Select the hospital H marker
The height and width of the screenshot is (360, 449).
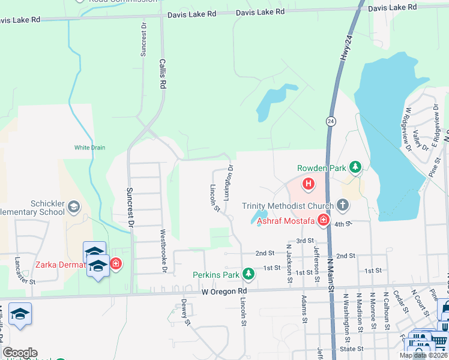coord(309,184)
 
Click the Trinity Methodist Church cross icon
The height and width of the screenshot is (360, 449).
coord(342,206)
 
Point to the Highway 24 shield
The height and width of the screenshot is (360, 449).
coord(331,121)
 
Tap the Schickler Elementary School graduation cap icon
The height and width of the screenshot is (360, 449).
coord(73,208)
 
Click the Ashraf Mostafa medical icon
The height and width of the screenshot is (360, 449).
coord(323,221)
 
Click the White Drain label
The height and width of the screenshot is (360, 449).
coord(89,148)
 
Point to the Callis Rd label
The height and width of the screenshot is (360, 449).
coord(161,73)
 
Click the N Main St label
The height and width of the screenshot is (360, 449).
coord(330,272)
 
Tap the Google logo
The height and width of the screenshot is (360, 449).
coord(20,353)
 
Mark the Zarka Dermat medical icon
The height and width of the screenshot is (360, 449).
coord(115,263)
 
